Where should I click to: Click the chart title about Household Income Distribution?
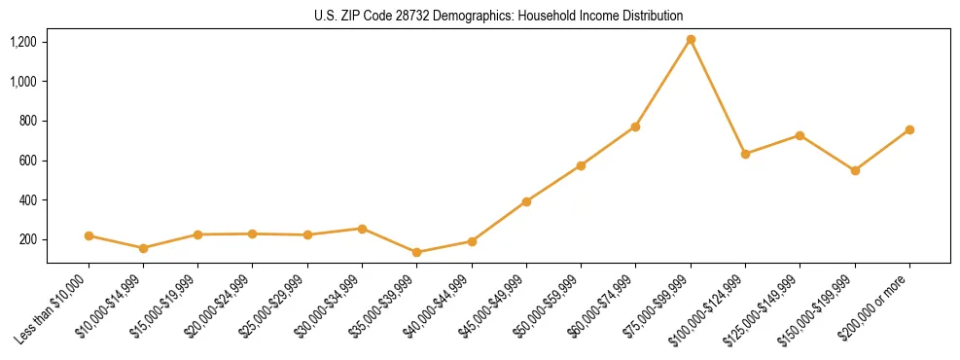[498, 17]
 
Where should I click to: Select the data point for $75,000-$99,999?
[691, 40]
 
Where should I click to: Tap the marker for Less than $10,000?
[89, 235]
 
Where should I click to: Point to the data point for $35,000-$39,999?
[417, 252]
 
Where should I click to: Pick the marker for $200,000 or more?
[909, 129]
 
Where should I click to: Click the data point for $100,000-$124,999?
[745, 154]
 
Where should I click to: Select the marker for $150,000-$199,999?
[855, 170]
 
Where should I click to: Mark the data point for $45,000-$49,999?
[526, 201]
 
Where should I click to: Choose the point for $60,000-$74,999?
[636, 126]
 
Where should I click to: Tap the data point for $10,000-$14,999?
[144, 248]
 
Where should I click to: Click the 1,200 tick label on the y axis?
[23, 42]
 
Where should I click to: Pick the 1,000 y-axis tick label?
[23, 82]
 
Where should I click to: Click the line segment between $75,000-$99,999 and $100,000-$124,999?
[718, 97]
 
